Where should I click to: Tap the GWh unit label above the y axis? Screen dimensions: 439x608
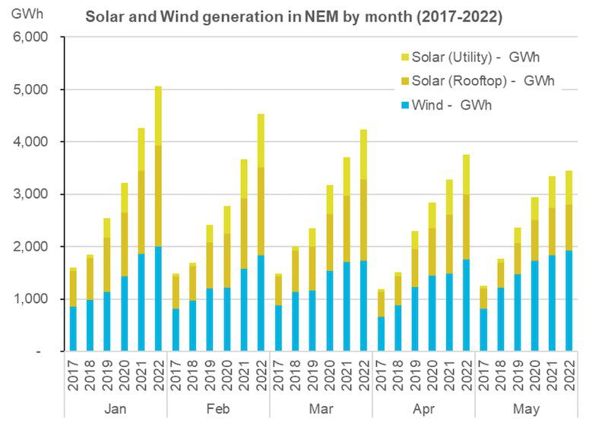click(23, 15)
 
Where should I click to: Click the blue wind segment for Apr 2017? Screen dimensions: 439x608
click(382, 334)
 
